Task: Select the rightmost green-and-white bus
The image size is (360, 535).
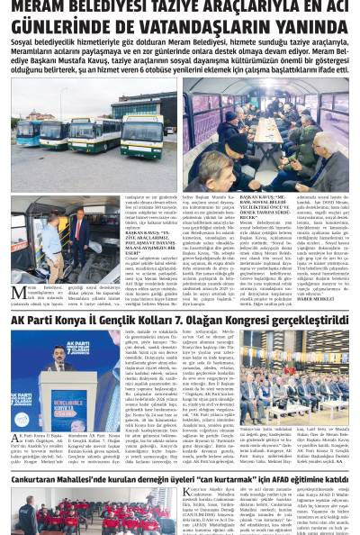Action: click(142, 135)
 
